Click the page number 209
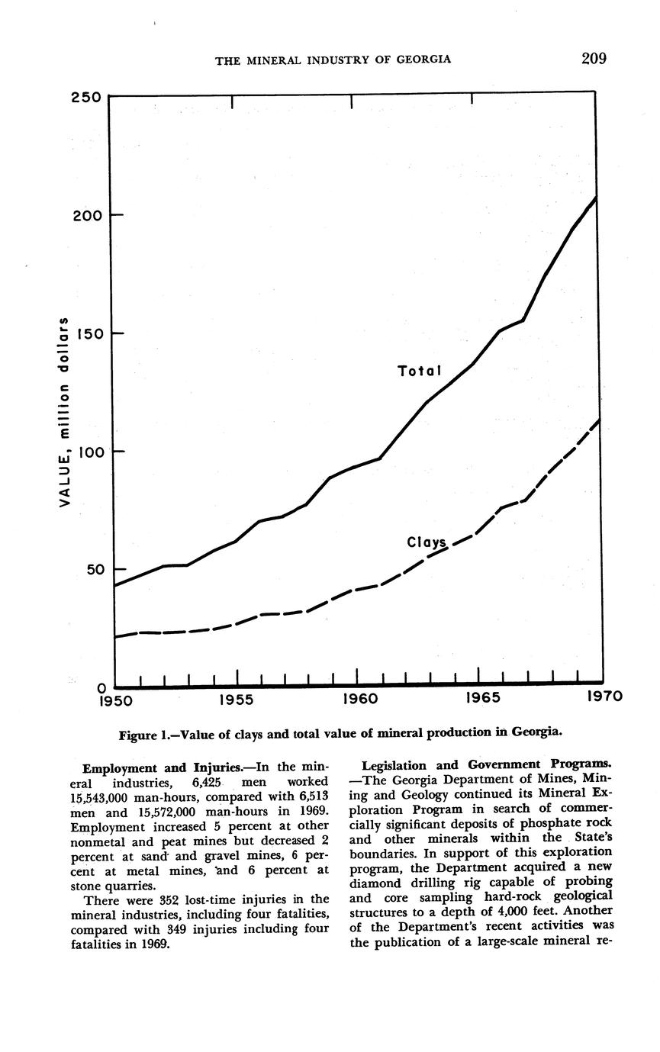click(593, 59)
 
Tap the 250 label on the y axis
click(87, 98)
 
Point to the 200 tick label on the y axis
click(87, 215)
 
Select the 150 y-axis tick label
click(87, 333)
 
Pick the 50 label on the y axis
click(90, 570)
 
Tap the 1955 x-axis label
click(237, 698)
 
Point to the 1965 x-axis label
click(481, 698)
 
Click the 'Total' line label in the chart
click(420, 372)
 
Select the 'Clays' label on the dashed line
click(427, 542)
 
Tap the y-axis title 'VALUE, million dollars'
click(66, 412)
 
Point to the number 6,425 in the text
click(201, 782)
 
